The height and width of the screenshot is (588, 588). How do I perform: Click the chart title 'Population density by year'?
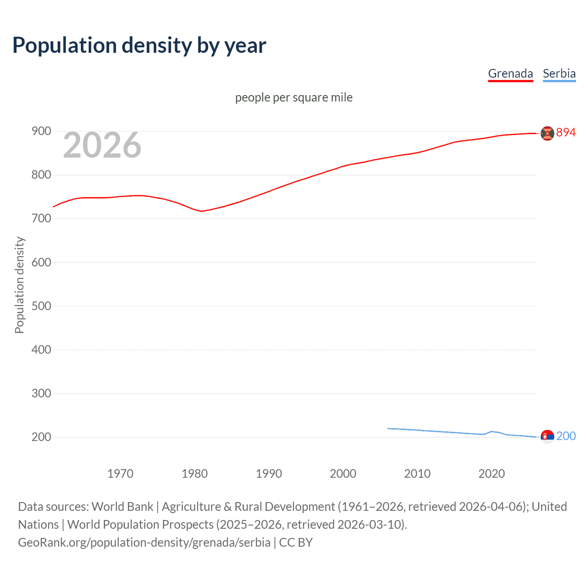[139, 45]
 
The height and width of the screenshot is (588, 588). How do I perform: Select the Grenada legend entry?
[510, 73]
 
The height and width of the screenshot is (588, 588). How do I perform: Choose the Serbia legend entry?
[559, 73]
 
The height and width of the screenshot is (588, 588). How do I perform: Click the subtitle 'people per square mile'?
[294, 97]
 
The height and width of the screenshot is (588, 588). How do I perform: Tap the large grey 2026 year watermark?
[102, 145]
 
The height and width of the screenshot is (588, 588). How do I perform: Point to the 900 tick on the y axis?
[41, 131]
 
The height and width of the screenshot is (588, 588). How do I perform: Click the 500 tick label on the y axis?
[41, 306]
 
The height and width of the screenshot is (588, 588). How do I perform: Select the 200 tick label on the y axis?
[41, 437]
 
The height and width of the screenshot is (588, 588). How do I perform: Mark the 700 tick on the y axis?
[41, 219]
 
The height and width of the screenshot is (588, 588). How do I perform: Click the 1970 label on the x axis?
[120, 474]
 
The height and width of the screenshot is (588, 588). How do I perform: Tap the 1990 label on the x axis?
[269, 474]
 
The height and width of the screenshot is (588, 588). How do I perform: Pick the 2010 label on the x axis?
[417, 474]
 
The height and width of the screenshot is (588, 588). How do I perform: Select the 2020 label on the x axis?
[492, 474]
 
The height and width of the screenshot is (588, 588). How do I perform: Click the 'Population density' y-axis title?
[19, 285]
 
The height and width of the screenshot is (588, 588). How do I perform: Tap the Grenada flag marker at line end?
[547, 133]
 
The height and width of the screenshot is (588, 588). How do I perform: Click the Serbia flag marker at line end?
[547, 436]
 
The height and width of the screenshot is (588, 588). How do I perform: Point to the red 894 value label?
[565, 132]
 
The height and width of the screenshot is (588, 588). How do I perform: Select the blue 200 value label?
[565, 436]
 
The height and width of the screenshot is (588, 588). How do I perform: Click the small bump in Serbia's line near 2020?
[492, 431]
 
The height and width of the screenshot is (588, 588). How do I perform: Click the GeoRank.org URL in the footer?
[144, 543]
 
